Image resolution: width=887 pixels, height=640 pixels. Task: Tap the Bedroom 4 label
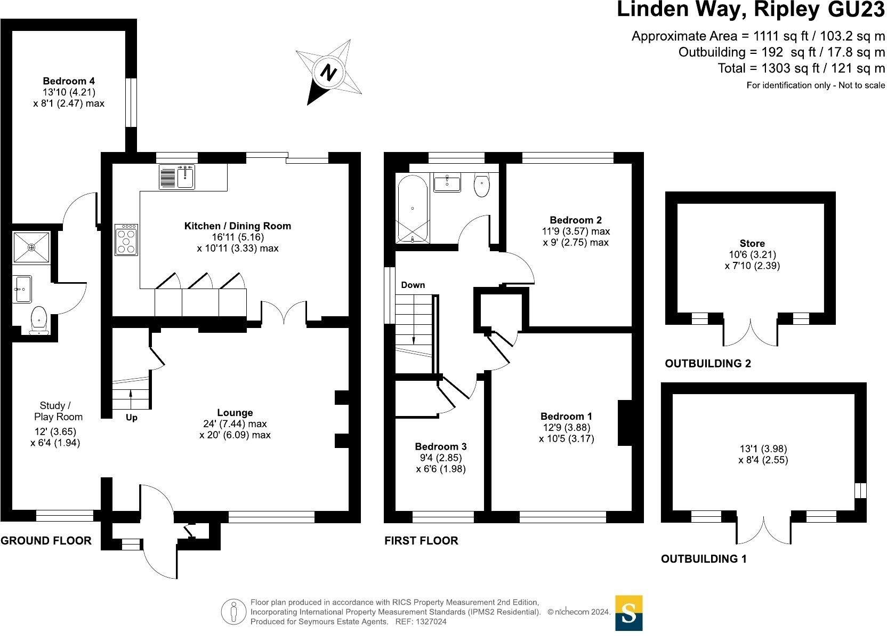click(69, 81)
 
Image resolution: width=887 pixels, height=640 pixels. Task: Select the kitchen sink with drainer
click(177, 177)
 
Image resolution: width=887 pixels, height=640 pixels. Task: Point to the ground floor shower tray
click(32, 247)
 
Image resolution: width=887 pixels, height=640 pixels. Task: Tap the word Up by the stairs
click(131, 418)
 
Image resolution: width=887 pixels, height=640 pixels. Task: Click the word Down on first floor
click(413, 285)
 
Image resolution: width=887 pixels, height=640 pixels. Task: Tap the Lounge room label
click(235, 413)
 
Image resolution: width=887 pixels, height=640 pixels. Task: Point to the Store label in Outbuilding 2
click(752, 243)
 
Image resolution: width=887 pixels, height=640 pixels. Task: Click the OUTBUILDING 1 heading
click(704, 559)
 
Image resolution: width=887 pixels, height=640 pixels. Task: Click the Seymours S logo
click(629, 613)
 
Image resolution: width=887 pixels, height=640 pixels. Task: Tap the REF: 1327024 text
click(420, 622)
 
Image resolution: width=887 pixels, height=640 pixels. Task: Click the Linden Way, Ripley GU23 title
click(751, 11)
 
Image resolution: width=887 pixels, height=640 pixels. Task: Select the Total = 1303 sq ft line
click(801, 68)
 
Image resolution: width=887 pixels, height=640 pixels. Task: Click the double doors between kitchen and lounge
click(284, 314)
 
